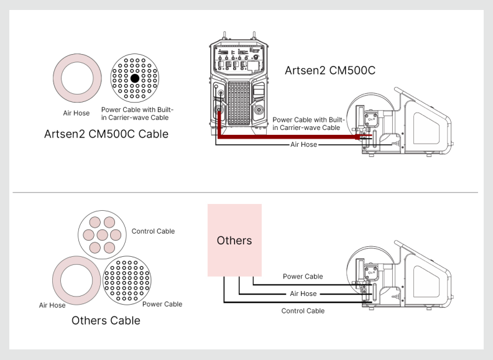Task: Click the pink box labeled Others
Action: point(234,239)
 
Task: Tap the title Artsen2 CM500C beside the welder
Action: point(330,70)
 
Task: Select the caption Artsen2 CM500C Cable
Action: point(106,134)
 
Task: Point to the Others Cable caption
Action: point(106,321)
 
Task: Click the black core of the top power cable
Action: point(134,78)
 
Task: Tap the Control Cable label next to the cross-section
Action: point(153,231)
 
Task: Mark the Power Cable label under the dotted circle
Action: point(162,304)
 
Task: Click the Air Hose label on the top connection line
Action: point(304,144)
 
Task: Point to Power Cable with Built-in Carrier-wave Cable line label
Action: point(308,123)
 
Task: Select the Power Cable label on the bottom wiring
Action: point(303,277)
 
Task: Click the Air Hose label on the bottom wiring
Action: point(303,293)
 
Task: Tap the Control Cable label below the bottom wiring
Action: point(303,311)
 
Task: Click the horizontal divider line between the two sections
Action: point(246,193)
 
